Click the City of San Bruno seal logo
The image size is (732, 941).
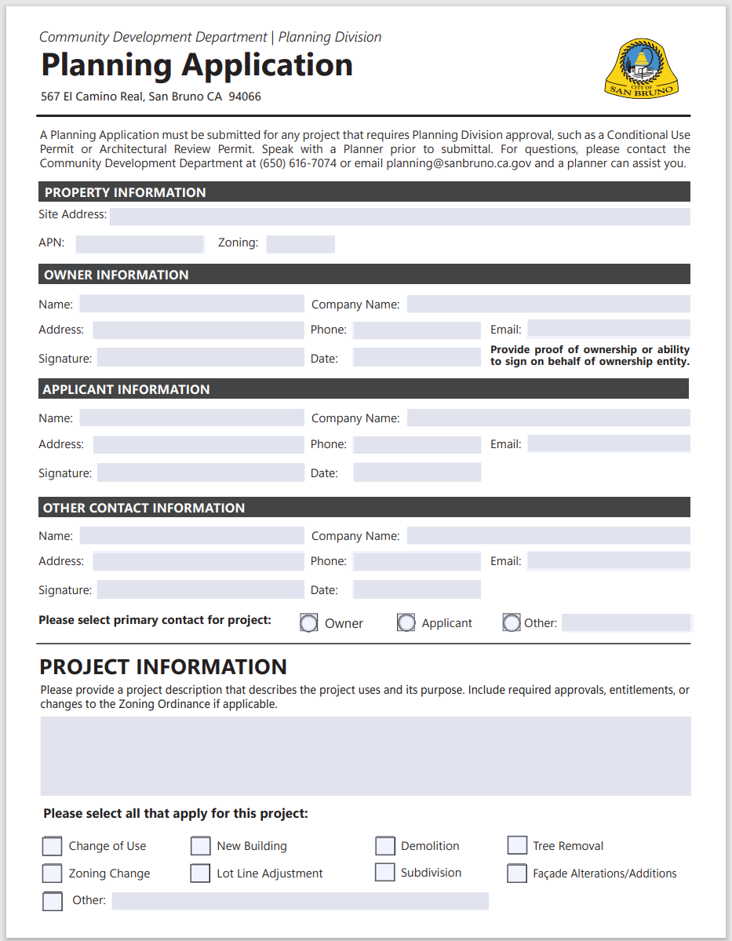click(x=641, y=69)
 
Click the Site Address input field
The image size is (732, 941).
click(x=399, y=216)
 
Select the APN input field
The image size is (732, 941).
click(x=140, y=244)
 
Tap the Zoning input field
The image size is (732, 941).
click(x=300, y=244)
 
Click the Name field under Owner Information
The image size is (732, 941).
click(x=191, y=305)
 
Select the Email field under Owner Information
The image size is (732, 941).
click(x=609, y=329)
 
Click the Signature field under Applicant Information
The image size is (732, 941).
click(x=200, y=472)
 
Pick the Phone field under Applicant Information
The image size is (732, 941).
click(x=417, y=445)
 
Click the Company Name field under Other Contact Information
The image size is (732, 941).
click(x=548, y=536)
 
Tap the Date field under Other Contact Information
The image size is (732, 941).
click(x=417, y=589)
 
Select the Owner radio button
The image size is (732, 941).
click(x=309, y=623)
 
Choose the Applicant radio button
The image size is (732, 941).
click(x=406, y=623)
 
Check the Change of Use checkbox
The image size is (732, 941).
click(x=52, y=846)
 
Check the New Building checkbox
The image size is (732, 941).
click(x=201, y=846)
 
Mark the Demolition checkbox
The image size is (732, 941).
click(x=384, y=846)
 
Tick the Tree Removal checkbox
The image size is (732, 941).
click(x=517, y=845)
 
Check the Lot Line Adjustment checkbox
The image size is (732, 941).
click(x=201, y=874)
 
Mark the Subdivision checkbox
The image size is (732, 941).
click(x=384, y=873)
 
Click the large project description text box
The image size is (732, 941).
click(x=366, y=756)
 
